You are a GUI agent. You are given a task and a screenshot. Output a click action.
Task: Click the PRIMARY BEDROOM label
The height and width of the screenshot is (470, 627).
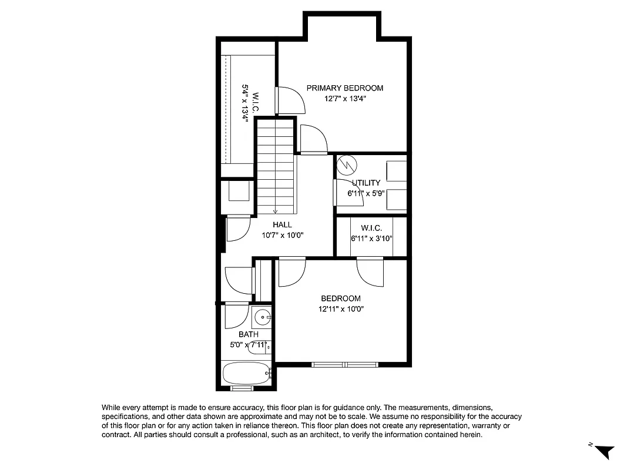[x=344, y=88]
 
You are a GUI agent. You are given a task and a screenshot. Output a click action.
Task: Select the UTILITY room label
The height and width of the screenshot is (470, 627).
[x=366, y=183]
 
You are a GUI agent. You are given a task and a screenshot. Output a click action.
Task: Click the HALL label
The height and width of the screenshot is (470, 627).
[x=282, y=224]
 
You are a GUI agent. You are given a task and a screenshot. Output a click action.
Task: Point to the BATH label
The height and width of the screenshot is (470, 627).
[x=248, y=334]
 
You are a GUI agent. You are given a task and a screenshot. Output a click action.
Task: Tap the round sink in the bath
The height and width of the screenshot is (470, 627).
[x=261, y=318]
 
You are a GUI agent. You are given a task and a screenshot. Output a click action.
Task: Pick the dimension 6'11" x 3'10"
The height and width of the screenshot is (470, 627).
[x=371, y=239]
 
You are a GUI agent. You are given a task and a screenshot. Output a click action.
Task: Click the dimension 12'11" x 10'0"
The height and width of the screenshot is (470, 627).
[x=341, y=309]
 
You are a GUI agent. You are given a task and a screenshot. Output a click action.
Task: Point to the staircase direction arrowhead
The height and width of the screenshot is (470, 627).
[x=275, y=211]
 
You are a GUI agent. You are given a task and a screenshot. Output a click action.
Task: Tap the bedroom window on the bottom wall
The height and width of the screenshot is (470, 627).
[x=344, y=365]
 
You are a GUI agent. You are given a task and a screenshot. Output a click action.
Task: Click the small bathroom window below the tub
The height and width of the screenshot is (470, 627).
[x=242, y=388]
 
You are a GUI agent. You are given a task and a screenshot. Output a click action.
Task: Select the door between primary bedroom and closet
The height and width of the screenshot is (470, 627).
[x=290, y=100]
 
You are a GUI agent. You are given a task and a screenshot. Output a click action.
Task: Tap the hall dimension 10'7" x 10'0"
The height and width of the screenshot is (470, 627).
[x=282, y=235]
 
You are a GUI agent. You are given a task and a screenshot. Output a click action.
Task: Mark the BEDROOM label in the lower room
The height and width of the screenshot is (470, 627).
[x=341, y=298]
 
